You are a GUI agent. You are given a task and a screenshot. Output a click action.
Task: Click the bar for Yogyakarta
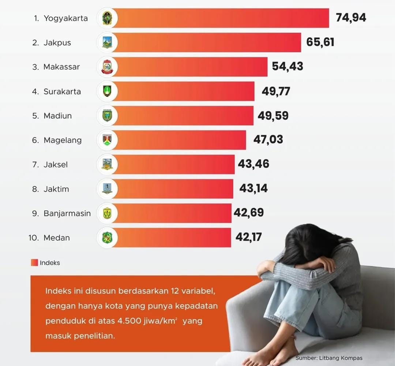click(219, 18)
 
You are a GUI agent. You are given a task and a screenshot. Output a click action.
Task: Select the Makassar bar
click(190, 67)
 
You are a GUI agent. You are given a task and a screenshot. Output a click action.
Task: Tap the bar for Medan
click(172, 238)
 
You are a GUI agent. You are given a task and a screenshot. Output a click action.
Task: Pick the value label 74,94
click(351, 17)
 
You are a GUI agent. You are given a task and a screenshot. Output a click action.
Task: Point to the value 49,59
click(273, 116)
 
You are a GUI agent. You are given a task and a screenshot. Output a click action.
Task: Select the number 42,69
click(249, 212)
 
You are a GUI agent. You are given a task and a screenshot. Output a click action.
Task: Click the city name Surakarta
click(62, 91)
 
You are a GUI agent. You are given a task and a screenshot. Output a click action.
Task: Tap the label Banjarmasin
click(67, 213)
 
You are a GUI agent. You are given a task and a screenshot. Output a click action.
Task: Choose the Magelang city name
click(63, 140)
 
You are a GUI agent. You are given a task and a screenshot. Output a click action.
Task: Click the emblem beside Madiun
click(107, 116)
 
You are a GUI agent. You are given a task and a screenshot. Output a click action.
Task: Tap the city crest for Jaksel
click(107, 165)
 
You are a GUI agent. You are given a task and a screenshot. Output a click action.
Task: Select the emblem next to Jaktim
click(107, 189)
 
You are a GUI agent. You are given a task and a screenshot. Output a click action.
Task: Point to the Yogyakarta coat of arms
click(107, 18)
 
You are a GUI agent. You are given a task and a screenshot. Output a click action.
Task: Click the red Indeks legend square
click(34, 263)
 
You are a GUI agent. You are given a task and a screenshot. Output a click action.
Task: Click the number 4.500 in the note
click(130, 321)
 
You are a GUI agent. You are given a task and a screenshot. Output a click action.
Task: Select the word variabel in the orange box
click(198, 291)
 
